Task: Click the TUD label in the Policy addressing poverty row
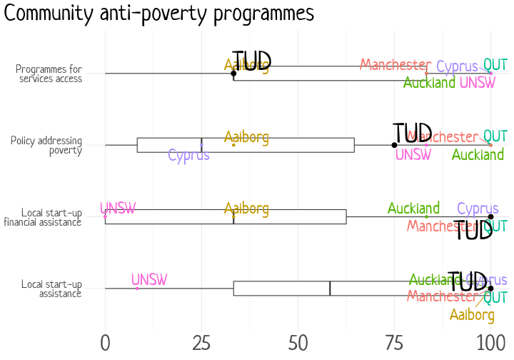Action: coord(413,133)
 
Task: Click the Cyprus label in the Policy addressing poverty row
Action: coord(189,155)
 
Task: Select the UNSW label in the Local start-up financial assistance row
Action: coord(118,209)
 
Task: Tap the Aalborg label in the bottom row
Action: coord(472,315)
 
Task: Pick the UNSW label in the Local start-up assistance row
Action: coord(148,279)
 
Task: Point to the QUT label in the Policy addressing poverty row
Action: coord(495,136)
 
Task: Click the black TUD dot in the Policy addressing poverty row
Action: coord(394,145)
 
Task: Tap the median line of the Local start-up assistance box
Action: coord(330,289)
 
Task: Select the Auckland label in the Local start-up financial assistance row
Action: coord(413,209)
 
